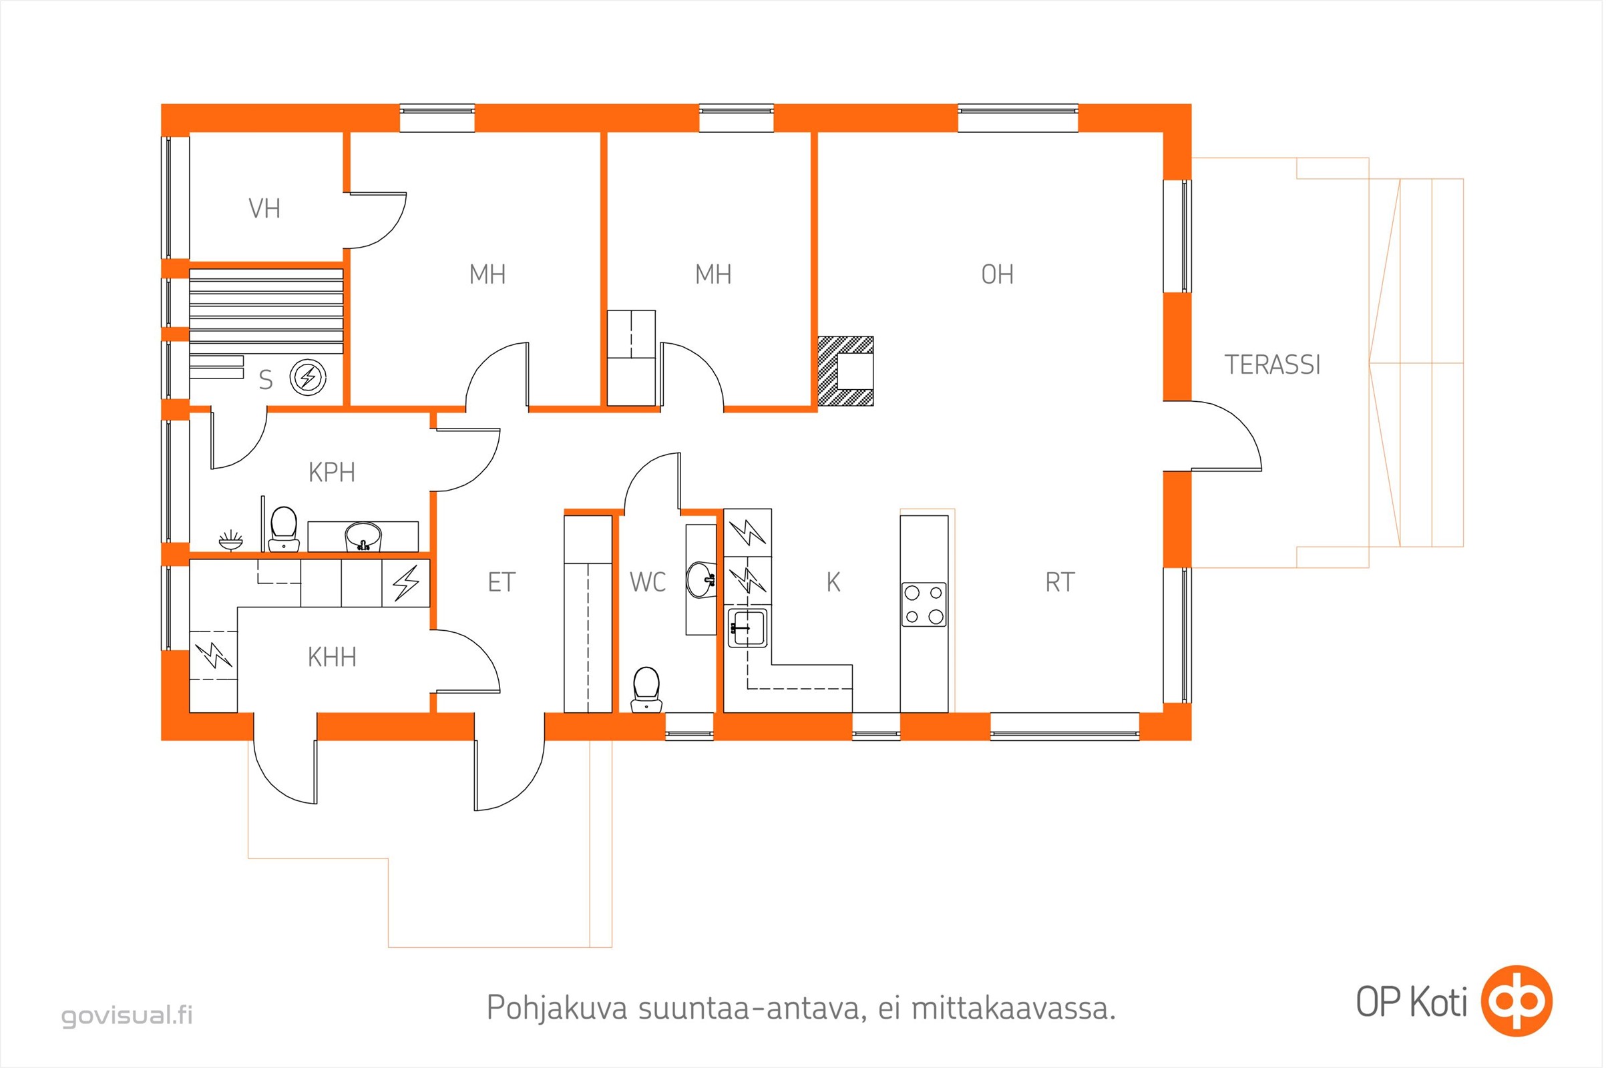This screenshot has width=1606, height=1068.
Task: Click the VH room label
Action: [264, 208]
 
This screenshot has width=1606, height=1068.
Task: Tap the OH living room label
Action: [998, 274]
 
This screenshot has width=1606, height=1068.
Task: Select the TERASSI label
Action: [1273, 365]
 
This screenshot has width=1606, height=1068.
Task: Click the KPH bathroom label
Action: [332, 472]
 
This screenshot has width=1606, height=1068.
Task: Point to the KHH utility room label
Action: [332, 657]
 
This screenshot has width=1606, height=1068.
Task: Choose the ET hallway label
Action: [502, 582]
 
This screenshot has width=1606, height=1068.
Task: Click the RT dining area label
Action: [1060, 582]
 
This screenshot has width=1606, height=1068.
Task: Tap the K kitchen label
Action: [833, 582]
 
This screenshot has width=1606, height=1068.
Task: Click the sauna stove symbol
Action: [308, 376]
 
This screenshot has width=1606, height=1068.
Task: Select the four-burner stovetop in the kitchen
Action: [924, 604]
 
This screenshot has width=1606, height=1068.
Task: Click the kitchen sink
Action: [747, 627]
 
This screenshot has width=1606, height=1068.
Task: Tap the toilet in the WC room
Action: [646, 690]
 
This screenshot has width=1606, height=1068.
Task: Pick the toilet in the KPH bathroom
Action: [283, 529]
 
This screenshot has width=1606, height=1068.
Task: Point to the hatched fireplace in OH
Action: [845, 371]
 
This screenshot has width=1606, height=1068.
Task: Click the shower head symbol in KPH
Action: [231, 541]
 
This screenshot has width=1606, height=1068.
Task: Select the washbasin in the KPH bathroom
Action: [363, 537]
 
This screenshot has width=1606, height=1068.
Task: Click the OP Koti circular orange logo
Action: [1517, 1001]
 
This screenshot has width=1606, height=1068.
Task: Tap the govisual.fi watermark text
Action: [128, 1015]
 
